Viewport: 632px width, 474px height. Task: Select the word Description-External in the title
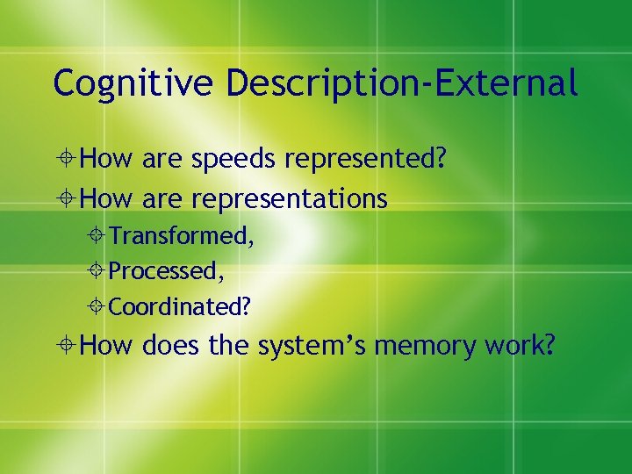click(x=402, y=83)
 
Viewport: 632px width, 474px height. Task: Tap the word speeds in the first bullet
click(x=234, y=160)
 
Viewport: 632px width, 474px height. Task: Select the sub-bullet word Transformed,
click(x=182, y=236)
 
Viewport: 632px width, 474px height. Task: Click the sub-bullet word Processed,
click(x=167, y=271)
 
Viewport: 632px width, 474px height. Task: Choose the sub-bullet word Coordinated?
click(x=180, y=307)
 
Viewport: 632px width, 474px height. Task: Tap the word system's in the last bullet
click(x=312, y=346)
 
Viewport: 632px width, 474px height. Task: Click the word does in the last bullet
click(x=171, y=346)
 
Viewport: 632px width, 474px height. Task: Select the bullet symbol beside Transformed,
click(x=98, y=236)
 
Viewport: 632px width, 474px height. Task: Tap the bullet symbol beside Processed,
click(x=98, y=271)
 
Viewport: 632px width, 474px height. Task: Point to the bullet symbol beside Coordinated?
click(x=98, y=307)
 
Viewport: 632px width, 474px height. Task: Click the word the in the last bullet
click(x=228, y=346)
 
